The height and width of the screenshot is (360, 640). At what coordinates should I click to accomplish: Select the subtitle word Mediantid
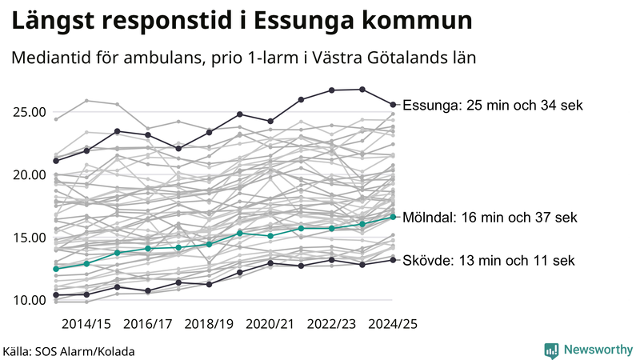pos(51,58)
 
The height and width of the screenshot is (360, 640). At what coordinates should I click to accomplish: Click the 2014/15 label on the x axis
pos(86,323)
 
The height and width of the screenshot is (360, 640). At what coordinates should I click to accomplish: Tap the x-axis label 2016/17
pos(148,323)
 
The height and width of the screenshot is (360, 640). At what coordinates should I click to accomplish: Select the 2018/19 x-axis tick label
pos(210,323)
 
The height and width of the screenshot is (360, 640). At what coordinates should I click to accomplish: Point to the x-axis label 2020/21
pos(270,323)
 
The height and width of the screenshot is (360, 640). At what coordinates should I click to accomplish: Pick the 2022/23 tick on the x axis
pos(332,323)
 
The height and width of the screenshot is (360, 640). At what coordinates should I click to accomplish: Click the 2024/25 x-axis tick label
pos(393,323)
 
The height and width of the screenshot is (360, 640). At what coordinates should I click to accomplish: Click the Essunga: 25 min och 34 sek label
pos(493,105)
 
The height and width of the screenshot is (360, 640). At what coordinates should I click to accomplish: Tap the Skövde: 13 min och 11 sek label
pos(488,260)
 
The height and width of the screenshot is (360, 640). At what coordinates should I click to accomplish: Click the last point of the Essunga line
pos(393,104)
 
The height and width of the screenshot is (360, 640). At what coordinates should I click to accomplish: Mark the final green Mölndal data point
pos(393,217)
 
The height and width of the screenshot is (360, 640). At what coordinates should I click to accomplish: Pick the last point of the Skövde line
pos(393,259)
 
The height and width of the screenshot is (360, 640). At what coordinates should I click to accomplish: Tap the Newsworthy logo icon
pos(551,350)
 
